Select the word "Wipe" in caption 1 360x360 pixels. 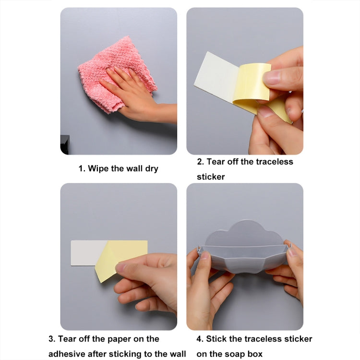[x=98, y=168]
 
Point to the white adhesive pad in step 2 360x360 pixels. [x=214, y=77]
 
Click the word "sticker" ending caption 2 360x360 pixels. [x=210, y=177]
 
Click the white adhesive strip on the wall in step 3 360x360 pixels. [x=86, y=253]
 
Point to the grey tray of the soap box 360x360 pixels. [x=244, y=259]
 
